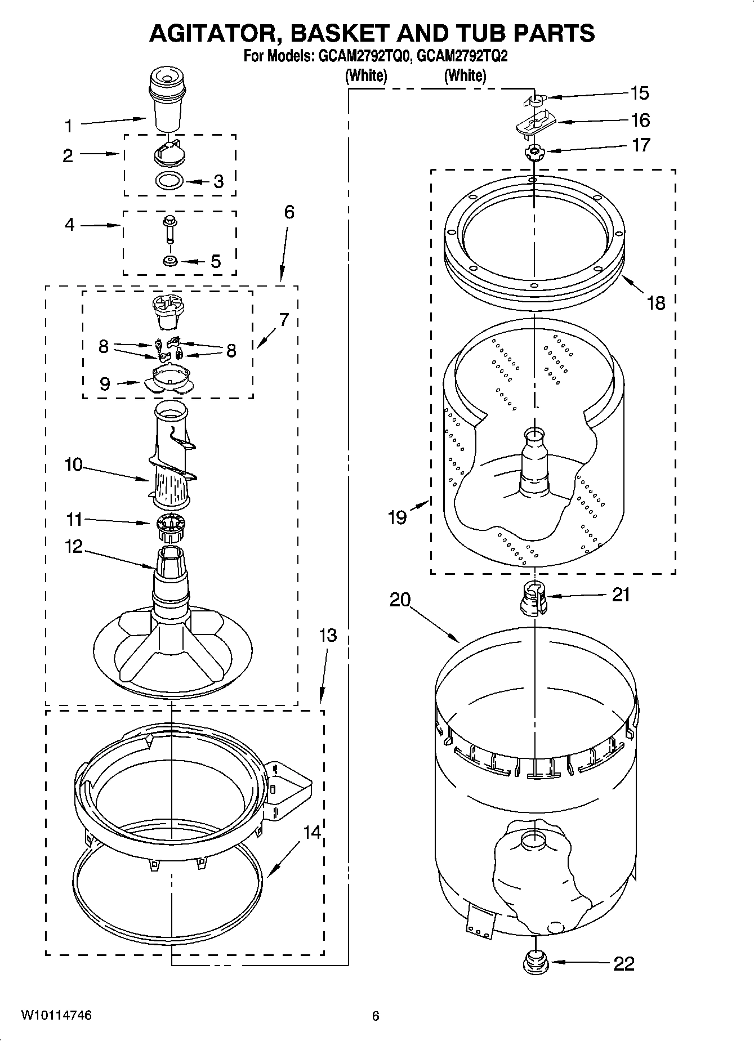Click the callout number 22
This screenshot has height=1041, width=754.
coord(623,964)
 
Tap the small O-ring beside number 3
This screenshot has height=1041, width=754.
coord(169,181)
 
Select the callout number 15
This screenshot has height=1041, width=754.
coord(639,93)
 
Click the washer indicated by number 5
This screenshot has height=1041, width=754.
coord(169,261)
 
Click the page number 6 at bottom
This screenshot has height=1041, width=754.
coord(376,1016)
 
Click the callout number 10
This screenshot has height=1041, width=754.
coord(73,464)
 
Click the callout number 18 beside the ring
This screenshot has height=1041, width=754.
coord(656,303)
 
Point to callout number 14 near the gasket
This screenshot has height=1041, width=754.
coord(311,832)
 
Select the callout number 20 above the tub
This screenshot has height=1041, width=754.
coord(400,600)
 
